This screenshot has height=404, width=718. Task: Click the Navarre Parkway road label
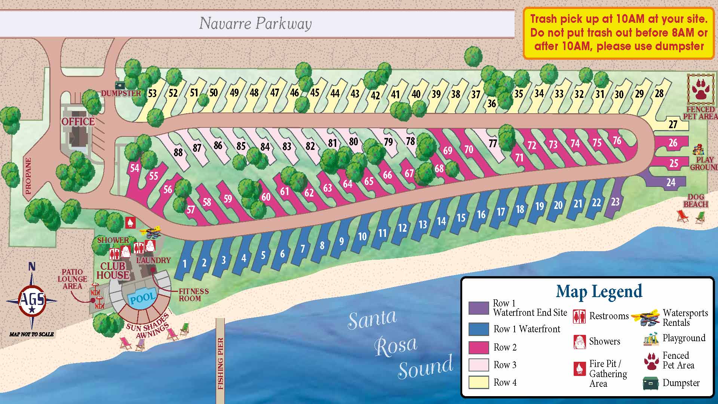point(255,23)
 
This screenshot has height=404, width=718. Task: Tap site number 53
point(152,93)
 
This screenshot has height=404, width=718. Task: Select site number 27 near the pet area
point(673,124)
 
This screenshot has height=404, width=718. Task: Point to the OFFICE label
point(78,121)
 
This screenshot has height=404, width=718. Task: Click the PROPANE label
point(28,176)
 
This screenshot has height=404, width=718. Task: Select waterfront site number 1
point(184,263)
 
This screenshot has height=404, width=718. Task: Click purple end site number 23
point(615,202)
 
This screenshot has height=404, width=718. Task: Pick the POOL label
point(142,298)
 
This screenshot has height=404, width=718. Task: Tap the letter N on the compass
point(32,266)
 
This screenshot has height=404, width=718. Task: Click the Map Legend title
point(599,292)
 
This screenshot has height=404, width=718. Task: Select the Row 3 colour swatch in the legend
point(479,365)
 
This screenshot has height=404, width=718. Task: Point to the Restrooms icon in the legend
point(579,316)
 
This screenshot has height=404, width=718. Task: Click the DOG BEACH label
point(696,201)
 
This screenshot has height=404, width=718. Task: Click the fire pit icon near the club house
point(130,222)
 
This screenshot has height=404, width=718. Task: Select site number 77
point(493,143)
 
